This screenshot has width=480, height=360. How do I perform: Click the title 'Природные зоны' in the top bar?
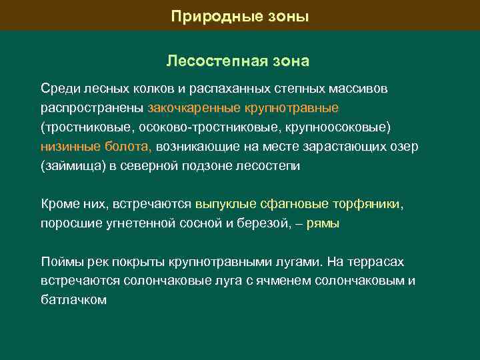pos(239,15)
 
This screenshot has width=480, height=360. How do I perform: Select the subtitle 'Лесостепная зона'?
pos(238,61)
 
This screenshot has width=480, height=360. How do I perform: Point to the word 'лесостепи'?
pos(268,166)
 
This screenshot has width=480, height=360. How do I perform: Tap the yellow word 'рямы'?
pos(324,223)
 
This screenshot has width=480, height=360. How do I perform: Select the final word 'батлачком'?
pos(73,300)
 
